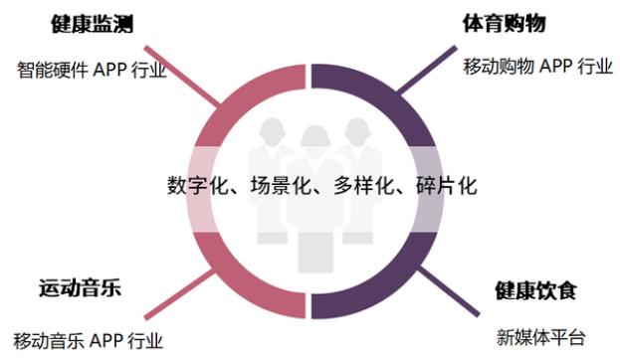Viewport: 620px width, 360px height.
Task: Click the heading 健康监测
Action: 93,24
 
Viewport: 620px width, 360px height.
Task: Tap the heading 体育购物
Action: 505,23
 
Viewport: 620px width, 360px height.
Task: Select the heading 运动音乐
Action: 80,287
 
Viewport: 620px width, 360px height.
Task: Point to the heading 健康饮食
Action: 535,290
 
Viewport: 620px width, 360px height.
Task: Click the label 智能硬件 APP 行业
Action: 92,71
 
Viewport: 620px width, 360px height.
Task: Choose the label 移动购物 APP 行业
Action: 538,67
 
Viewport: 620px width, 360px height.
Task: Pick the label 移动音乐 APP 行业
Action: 89,341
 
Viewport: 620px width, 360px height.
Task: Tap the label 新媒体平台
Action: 540,338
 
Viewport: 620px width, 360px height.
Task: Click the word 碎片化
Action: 447,185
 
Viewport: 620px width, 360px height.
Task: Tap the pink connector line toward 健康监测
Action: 183,76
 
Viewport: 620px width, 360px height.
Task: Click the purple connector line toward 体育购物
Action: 427,70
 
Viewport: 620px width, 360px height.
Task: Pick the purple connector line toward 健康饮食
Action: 449,290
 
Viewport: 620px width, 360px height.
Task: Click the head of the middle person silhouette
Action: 315,137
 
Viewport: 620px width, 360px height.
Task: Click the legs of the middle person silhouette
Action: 315,253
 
